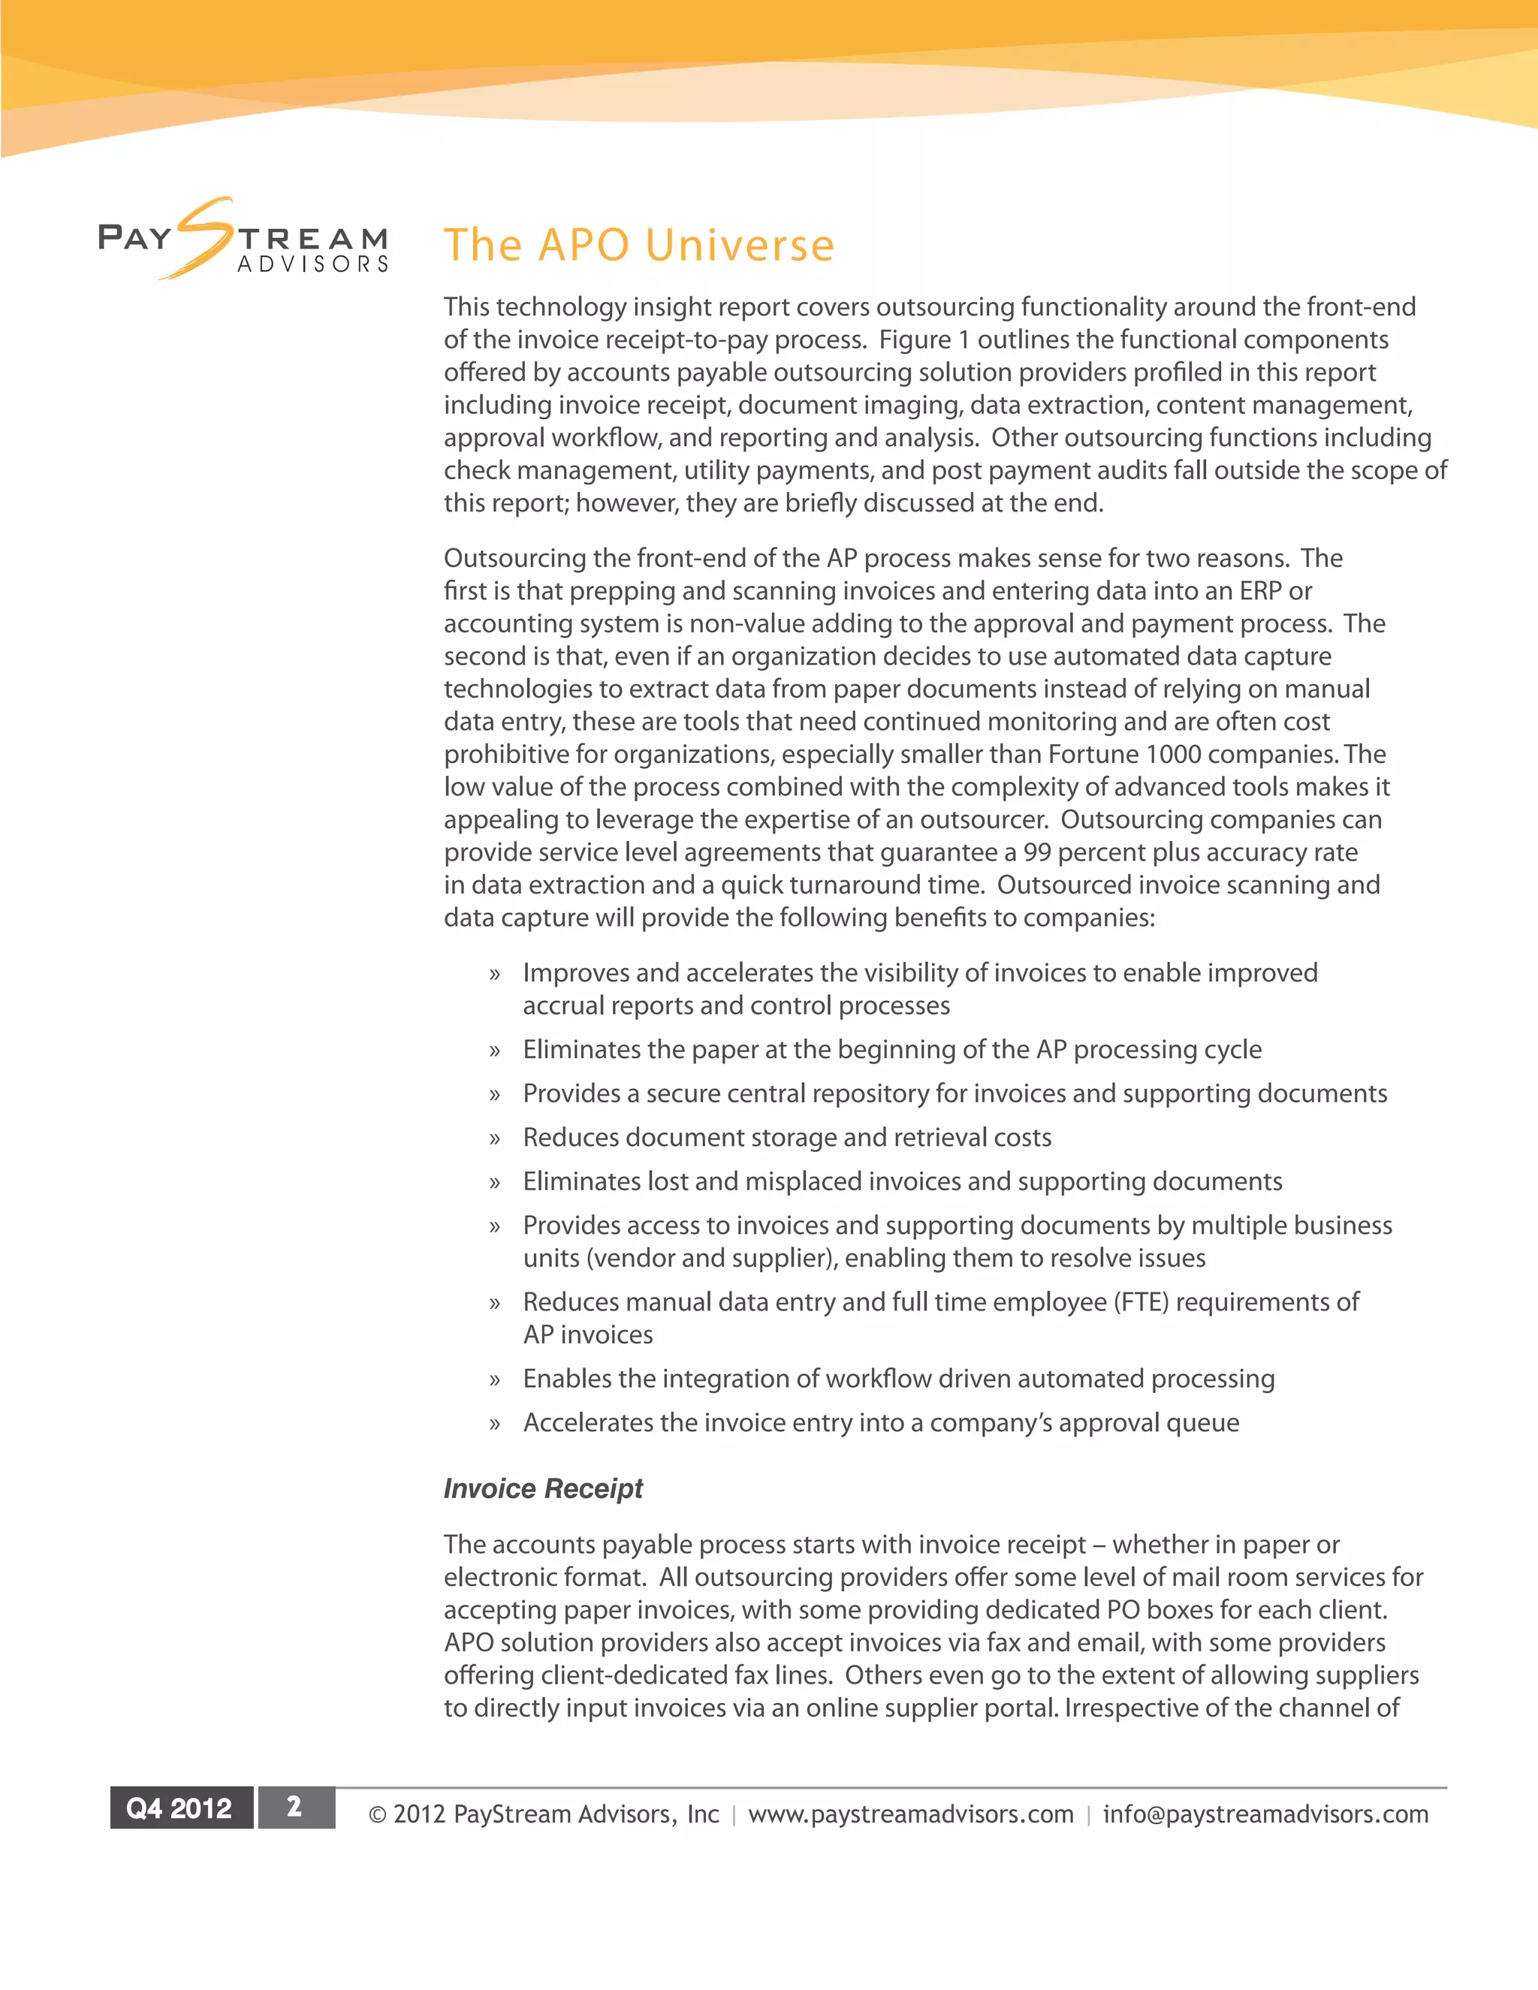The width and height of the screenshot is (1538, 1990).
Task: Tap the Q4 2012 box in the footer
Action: (x=180, y=1808)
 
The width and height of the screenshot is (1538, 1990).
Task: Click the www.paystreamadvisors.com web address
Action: (x=910, y=1814)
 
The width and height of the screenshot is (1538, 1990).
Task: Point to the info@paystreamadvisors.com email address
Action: (x=1265, y=1814)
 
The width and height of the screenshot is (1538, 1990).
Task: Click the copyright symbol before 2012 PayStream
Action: (x=377, y=1815)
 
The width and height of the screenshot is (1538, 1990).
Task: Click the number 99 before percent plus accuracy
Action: (x=1037, y=853)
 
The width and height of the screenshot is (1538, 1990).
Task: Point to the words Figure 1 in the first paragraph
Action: (x=924, y=340)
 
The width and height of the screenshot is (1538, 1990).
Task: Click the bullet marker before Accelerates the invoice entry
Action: (x=495, y=1424)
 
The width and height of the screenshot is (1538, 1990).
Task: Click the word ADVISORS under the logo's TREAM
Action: (x=312, y=264)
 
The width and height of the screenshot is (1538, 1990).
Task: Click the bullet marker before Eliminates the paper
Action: (x=495, y=1051)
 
